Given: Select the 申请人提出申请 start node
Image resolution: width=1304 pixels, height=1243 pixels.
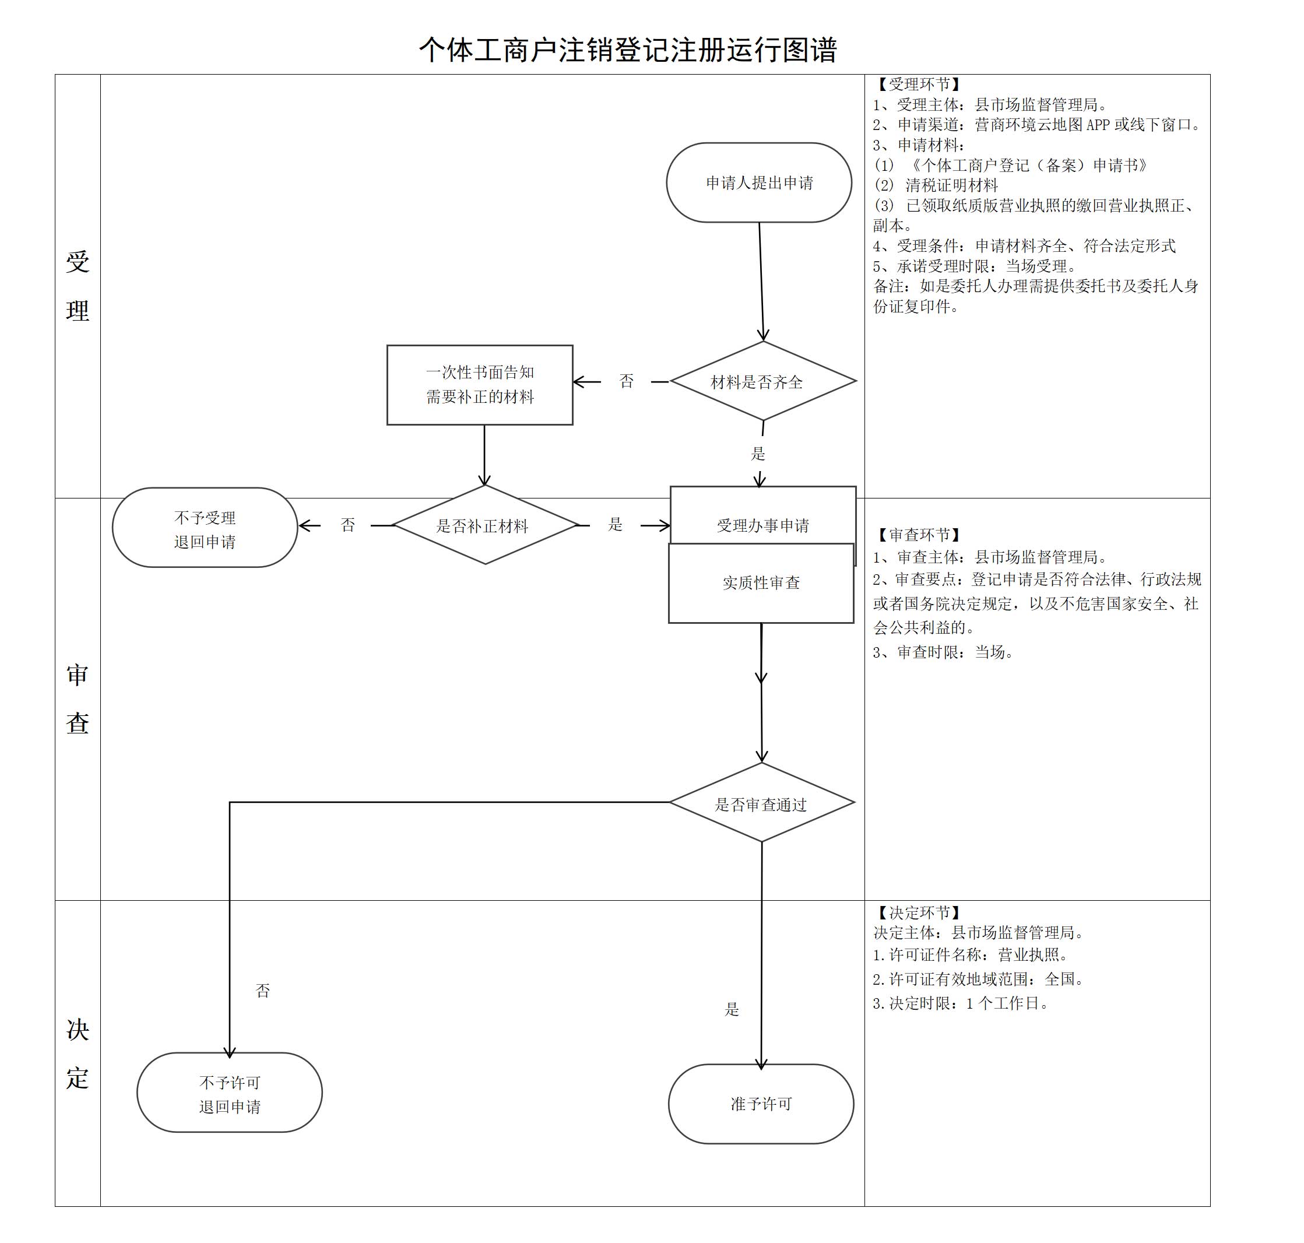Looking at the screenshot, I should pyautogui.click(x=759, y=182).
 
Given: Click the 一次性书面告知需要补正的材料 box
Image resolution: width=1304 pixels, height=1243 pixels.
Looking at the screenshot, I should pyautogui.click(x=480, y=384).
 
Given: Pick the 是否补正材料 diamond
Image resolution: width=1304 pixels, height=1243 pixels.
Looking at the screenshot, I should pyautogui.click(x=484, y=525).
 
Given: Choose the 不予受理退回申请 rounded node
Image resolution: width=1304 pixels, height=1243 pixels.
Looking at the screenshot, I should pyautogui.click(x=205, y=528).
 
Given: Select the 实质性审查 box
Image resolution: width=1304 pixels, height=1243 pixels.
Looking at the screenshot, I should pyautogui.click(x=761, y=584).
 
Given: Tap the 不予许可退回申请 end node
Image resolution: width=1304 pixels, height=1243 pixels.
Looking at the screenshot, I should pyautogui.click(x=229, y=1094).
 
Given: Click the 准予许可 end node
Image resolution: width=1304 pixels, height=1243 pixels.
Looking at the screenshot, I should pyautogui.click(x=761, y=1103).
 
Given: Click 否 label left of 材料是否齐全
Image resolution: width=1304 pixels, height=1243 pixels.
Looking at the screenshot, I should pyautogui.click(x=626, y=381).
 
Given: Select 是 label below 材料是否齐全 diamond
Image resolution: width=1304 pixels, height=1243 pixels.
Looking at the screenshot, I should pyautogui.click(x=758, y=454).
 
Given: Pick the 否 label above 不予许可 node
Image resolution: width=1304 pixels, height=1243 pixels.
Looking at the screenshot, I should pyautogui.click(x=262, y=990).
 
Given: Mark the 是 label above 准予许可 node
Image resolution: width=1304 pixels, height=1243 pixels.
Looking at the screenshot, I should pyautogui.click(x=732, y=1009).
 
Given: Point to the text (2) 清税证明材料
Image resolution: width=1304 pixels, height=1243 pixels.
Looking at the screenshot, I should pyautogui.click(x=936, y=185).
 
